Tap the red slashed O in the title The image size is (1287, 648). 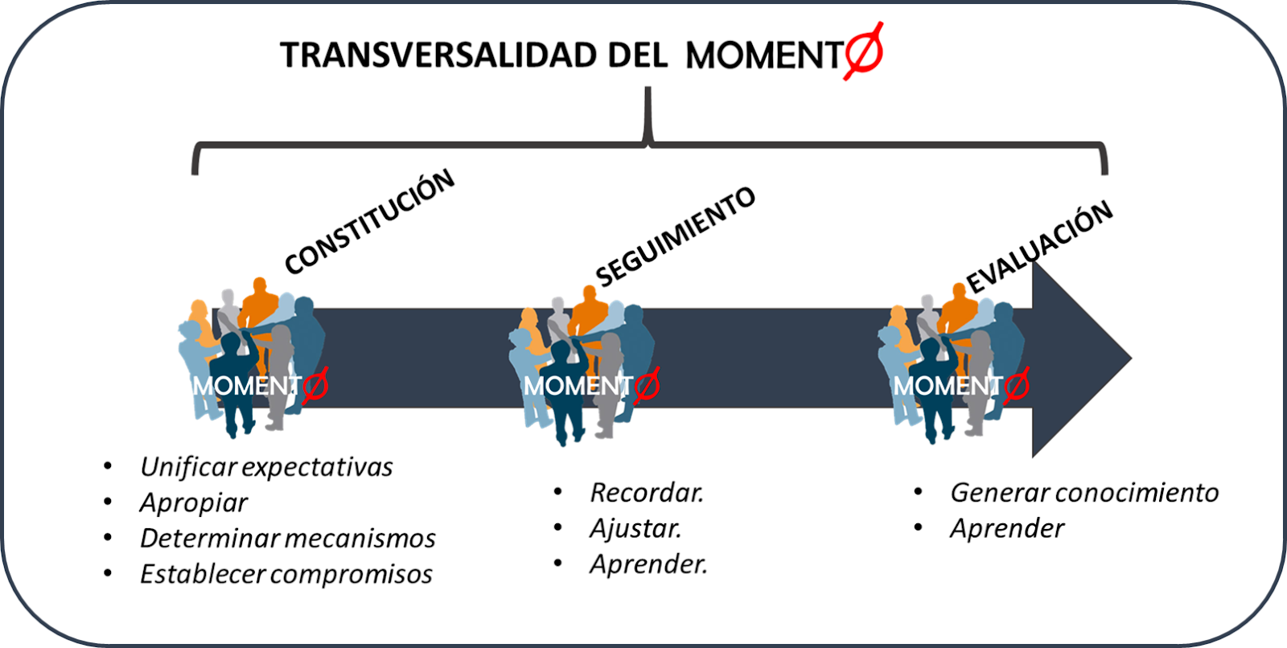pos(864,51)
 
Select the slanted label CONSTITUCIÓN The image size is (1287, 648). pos(370,222)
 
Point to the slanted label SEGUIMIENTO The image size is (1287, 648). pos(676,236)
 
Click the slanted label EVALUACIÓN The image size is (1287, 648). pos(1039,247)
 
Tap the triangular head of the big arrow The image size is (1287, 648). pos(1078,359)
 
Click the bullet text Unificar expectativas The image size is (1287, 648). pos(266,467)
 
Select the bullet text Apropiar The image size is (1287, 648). pos(194,503)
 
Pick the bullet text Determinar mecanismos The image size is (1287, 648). pos(287,539)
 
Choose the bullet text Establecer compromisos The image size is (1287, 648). pos(286,574)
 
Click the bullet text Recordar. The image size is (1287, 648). pos(647,493)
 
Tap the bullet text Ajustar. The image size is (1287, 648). pos(635,529)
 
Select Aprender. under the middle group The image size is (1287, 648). pos(648,564)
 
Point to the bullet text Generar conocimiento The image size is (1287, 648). pos(1084,493)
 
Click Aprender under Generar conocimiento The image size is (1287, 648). pos(1007,529)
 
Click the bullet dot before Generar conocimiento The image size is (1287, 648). pos(918,491)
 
